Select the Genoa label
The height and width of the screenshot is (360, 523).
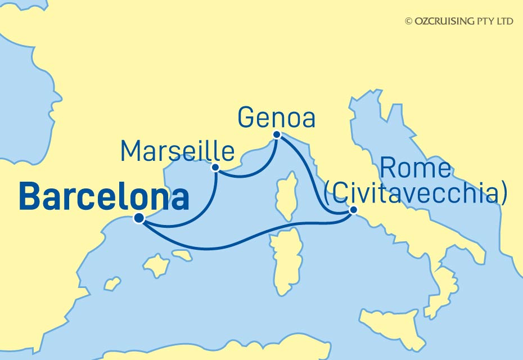(x=276, y=119)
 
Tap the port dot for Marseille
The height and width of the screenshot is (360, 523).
(x=215, y=167)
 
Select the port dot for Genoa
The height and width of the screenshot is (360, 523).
(x=277, y=135)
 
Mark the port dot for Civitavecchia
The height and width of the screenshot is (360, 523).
(x=353, y=210)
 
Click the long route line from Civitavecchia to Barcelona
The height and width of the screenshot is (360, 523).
(x=236, y=245)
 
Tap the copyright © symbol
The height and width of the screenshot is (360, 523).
(x=409, y=21)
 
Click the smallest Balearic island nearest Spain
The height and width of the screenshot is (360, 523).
(x=112, y=282)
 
